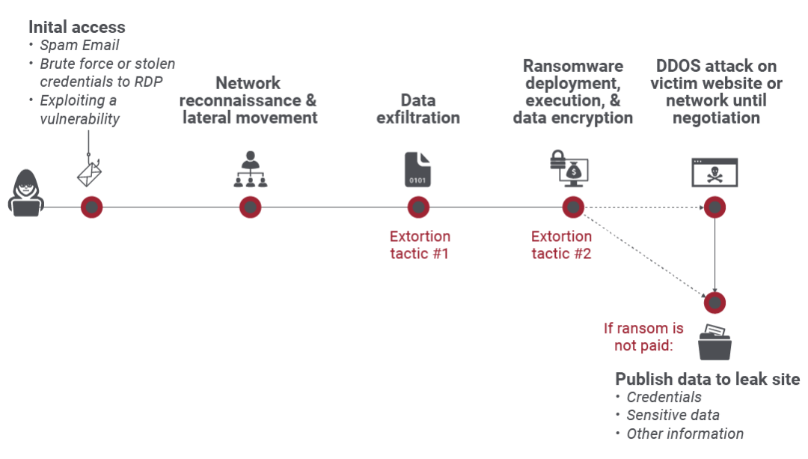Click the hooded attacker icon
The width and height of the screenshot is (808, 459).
25,194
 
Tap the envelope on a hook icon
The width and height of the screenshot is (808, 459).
91,172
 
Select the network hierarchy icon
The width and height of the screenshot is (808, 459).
250,170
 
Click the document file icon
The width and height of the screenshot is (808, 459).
417,169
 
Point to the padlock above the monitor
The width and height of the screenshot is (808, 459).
557,158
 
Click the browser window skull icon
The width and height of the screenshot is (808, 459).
714,172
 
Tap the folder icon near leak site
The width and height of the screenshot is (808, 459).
714,342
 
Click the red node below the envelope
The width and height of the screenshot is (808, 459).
91,207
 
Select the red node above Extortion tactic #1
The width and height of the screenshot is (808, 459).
418,207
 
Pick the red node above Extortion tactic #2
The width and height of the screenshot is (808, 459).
573,207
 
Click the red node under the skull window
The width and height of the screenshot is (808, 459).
714,207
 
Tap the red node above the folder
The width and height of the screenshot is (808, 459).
714,303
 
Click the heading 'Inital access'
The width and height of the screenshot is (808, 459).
76,27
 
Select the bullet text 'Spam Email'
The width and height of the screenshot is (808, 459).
79,46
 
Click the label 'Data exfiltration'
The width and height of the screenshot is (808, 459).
418,109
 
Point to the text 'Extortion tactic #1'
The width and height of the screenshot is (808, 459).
419,245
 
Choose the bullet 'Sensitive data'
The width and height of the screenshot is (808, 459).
673,416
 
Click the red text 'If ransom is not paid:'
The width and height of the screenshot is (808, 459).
644,336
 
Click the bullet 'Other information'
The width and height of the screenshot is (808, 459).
685,434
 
